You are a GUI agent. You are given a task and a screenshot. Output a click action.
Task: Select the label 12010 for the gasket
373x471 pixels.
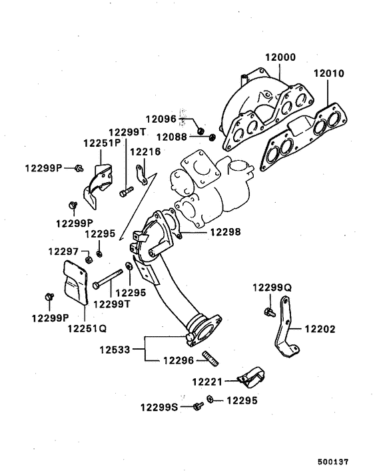327,74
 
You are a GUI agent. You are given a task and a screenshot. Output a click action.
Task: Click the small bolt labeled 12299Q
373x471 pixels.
268,311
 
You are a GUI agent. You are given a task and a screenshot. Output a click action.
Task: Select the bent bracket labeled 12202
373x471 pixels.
285,334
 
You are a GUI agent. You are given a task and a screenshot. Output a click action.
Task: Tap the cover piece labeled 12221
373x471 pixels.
252,378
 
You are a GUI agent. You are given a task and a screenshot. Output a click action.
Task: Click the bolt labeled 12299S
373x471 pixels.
198,406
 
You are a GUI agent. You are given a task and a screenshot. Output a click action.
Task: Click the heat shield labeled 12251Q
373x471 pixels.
75,285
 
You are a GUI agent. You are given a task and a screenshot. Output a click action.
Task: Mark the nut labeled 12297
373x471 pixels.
87,256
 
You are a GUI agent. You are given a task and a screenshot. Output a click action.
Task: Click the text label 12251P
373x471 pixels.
101,143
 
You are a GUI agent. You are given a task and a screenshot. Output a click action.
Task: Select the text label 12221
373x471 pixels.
208,382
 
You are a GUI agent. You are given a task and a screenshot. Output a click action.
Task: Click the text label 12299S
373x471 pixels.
159,406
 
